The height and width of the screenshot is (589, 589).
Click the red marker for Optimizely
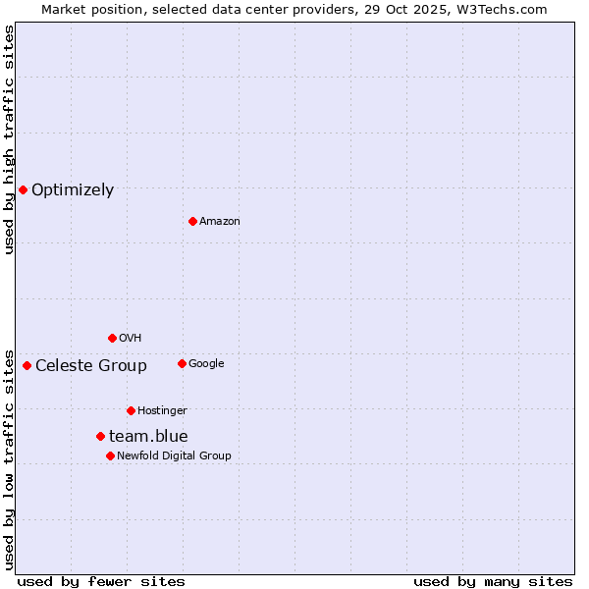tap(23, 189)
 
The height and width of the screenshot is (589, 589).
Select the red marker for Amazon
tap(192, 221)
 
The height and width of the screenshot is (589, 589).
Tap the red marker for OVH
tap(112, 338)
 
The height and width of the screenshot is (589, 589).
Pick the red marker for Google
tap(182, 363)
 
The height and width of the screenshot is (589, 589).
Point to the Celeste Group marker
tap(27, 365)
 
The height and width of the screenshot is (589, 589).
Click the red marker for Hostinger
tap(131, 410)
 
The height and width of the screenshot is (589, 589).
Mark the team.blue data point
tap(100, 436)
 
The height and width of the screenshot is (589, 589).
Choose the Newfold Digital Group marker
tap(110, 455)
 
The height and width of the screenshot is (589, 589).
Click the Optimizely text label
tap(73, 190)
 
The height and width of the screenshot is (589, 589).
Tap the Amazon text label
tap(220, 222)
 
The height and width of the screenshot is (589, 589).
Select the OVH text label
tap(131, 339)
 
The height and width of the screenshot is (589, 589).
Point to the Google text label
tap(206, 364)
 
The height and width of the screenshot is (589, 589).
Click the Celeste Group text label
tap(91, 366)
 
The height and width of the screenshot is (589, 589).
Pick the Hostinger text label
tap(162, 411)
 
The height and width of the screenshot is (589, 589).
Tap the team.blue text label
tap(148, 437)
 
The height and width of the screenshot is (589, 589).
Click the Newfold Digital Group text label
tap(174, 456)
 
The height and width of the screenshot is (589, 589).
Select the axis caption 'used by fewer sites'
tap(101, 582)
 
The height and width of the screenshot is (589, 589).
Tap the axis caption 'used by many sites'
tap(493, 582)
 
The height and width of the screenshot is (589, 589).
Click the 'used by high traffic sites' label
tap(10, 139)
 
